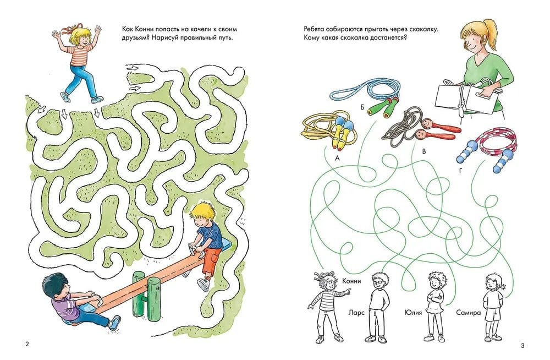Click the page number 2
coord(28,344)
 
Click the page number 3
coord(522,346)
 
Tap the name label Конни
coord(351,281)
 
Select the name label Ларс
coord(356,312)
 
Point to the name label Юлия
coord(413,312)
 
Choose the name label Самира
coord(468,312)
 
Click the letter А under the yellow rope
coord(338,159)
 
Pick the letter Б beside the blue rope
coord(362,107)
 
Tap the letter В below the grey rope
coord(424,152)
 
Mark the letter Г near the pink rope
coord(460,171)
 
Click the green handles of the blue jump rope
coord(381,106)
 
